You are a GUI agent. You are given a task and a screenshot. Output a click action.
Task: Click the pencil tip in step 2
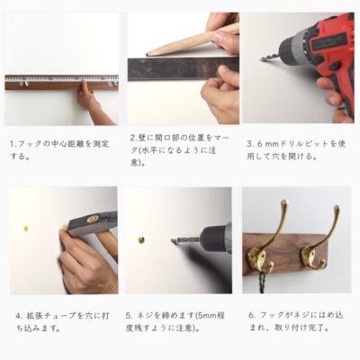pos(147,55)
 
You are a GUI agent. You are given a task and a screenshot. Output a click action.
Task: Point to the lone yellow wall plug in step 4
pos(27,229)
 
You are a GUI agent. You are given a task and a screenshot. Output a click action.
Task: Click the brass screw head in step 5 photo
pos(141,239)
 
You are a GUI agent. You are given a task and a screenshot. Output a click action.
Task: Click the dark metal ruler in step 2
pos(183,69)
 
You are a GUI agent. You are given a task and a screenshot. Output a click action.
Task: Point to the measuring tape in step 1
pos(61,79)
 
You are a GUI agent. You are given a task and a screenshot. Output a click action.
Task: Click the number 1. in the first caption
pos(13,144)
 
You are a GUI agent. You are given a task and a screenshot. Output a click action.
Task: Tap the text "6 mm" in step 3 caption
pos(263,144)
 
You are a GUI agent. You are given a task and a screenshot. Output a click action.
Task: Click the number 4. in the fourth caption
pos(19,316)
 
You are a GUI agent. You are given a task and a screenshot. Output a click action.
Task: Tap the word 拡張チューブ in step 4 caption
pos(48,316)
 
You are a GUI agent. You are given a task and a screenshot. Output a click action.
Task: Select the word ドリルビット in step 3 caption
pos(301,144)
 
